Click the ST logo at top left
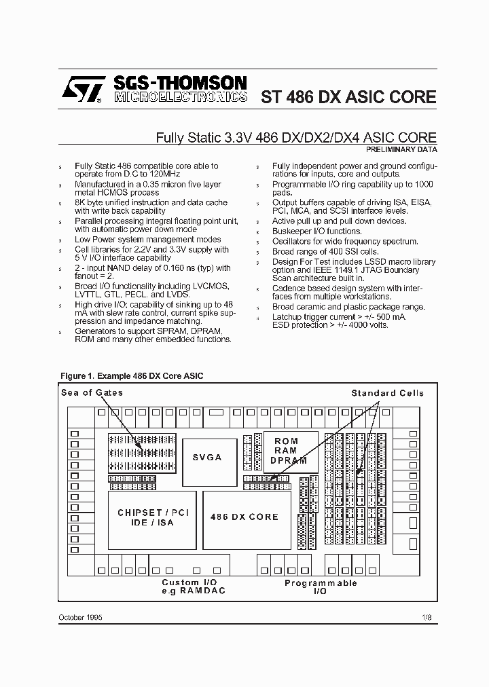click(x=81, y=89)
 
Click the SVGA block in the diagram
click(x=206, y=457)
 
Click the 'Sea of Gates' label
click(x=92, y=392)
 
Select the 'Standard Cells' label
click(x=387, y=393)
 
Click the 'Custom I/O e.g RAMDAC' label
click(x=194, y=587)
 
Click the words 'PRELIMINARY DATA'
click(x=401, y=149)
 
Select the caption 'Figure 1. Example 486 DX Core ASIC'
click(x=132, y=375)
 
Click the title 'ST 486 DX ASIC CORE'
click(x=348, y=96)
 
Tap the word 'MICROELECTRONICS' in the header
click(x=180, y=98)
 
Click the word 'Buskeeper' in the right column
click(x=293, y=231)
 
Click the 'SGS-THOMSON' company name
click(x=180, y=83)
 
